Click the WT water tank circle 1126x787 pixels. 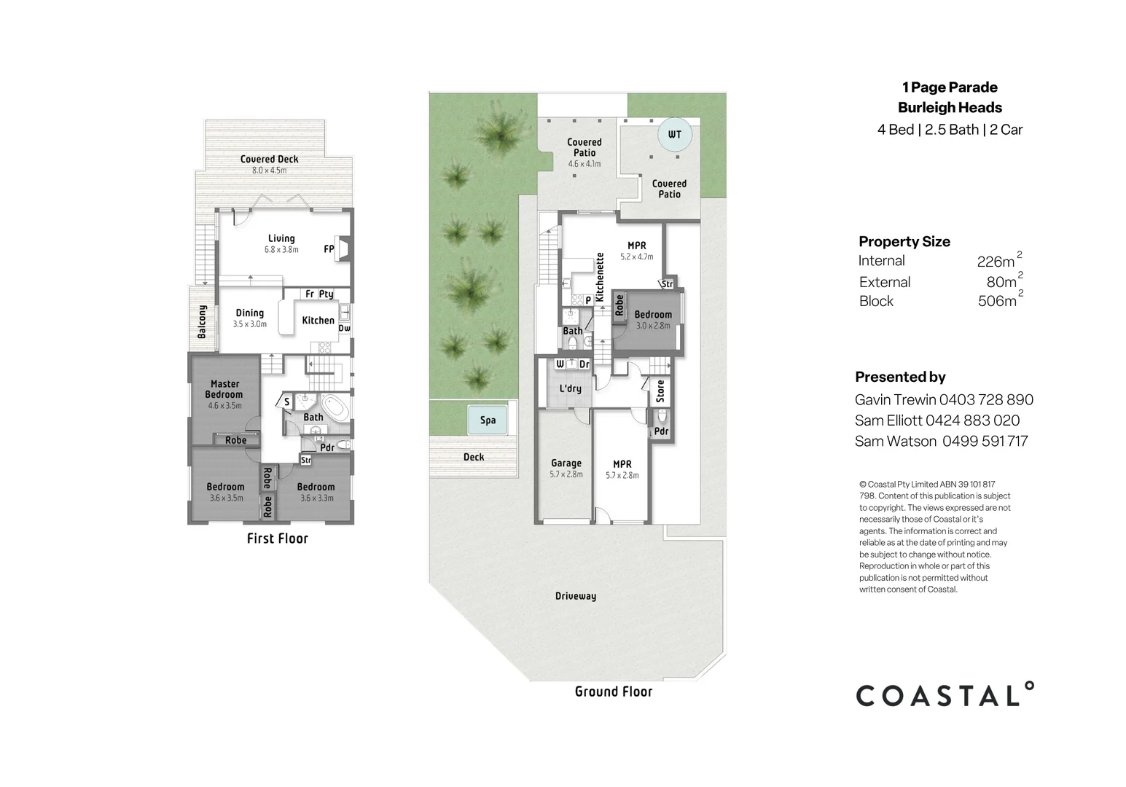(674, 134)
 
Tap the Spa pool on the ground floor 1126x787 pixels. (488, 420)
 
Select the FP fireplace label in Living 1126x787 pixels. (329, 249)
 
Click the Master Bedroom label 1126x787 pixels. (224, 389)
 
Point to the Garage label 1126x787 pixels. (566, 463)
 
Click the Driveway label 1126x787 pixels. (576, 596)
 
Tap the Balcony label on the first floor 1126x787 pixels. (203, 321)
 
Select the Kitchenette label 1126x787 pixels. (600, 277)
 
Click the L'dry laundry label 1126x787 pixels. (570, 388)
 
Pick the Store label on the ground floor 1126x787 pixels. (660, 391)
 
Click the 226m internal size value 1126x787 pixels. (996, 262)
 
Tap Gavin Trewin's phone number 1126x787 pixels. (986, 399)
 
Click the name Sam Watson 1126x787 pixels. (896, 441)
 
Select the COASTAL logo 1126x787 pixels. (945, 695)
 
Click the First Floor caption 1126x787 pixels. (277, 539)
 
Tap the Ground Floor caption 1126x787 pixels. (613, 692)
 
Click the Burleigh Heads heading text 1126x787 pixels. (950, 108)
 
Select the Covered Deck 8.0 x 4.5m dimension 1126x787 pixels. (269, 171)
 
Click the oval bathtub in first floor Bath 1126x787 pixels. (336, 405)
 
